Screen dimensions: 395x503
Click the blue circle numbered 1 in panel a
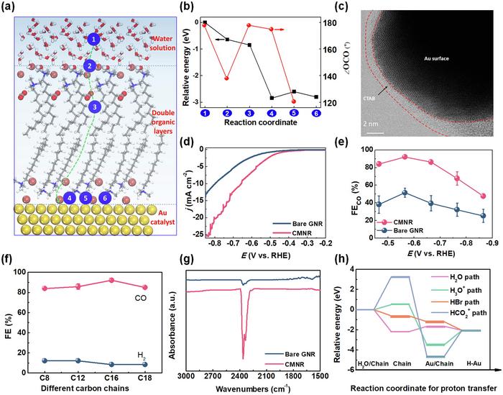tap(93, 39)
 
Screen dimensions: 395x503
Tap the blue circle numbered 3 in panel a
tap(93, 107)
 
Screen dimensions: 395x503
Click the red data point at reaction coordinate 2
tap(227, 78)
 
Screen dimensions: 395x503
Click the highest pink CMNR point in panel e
tap(424, 157)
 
